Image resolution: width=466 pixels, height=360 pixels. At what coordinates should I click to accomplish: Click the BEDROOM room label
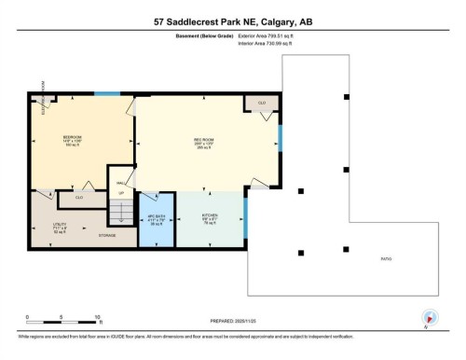(72, 137)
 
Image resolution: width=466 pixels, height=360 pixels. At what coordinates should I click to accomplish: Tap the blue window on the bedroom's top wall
(107, 93)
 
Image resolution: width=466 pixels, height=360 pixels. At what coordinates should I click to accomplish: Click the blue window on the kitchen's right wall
(245, 225)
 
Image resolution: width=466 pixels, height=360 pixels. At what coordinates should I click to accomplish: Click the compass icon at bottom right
(429, 318)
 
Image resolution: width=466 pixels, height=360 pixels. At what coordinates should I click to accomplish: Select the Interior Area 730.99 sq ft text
(267, 43)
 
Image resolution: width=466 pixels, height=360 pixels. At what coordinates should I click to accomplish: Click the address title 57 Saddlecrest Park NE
(232, 19)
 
